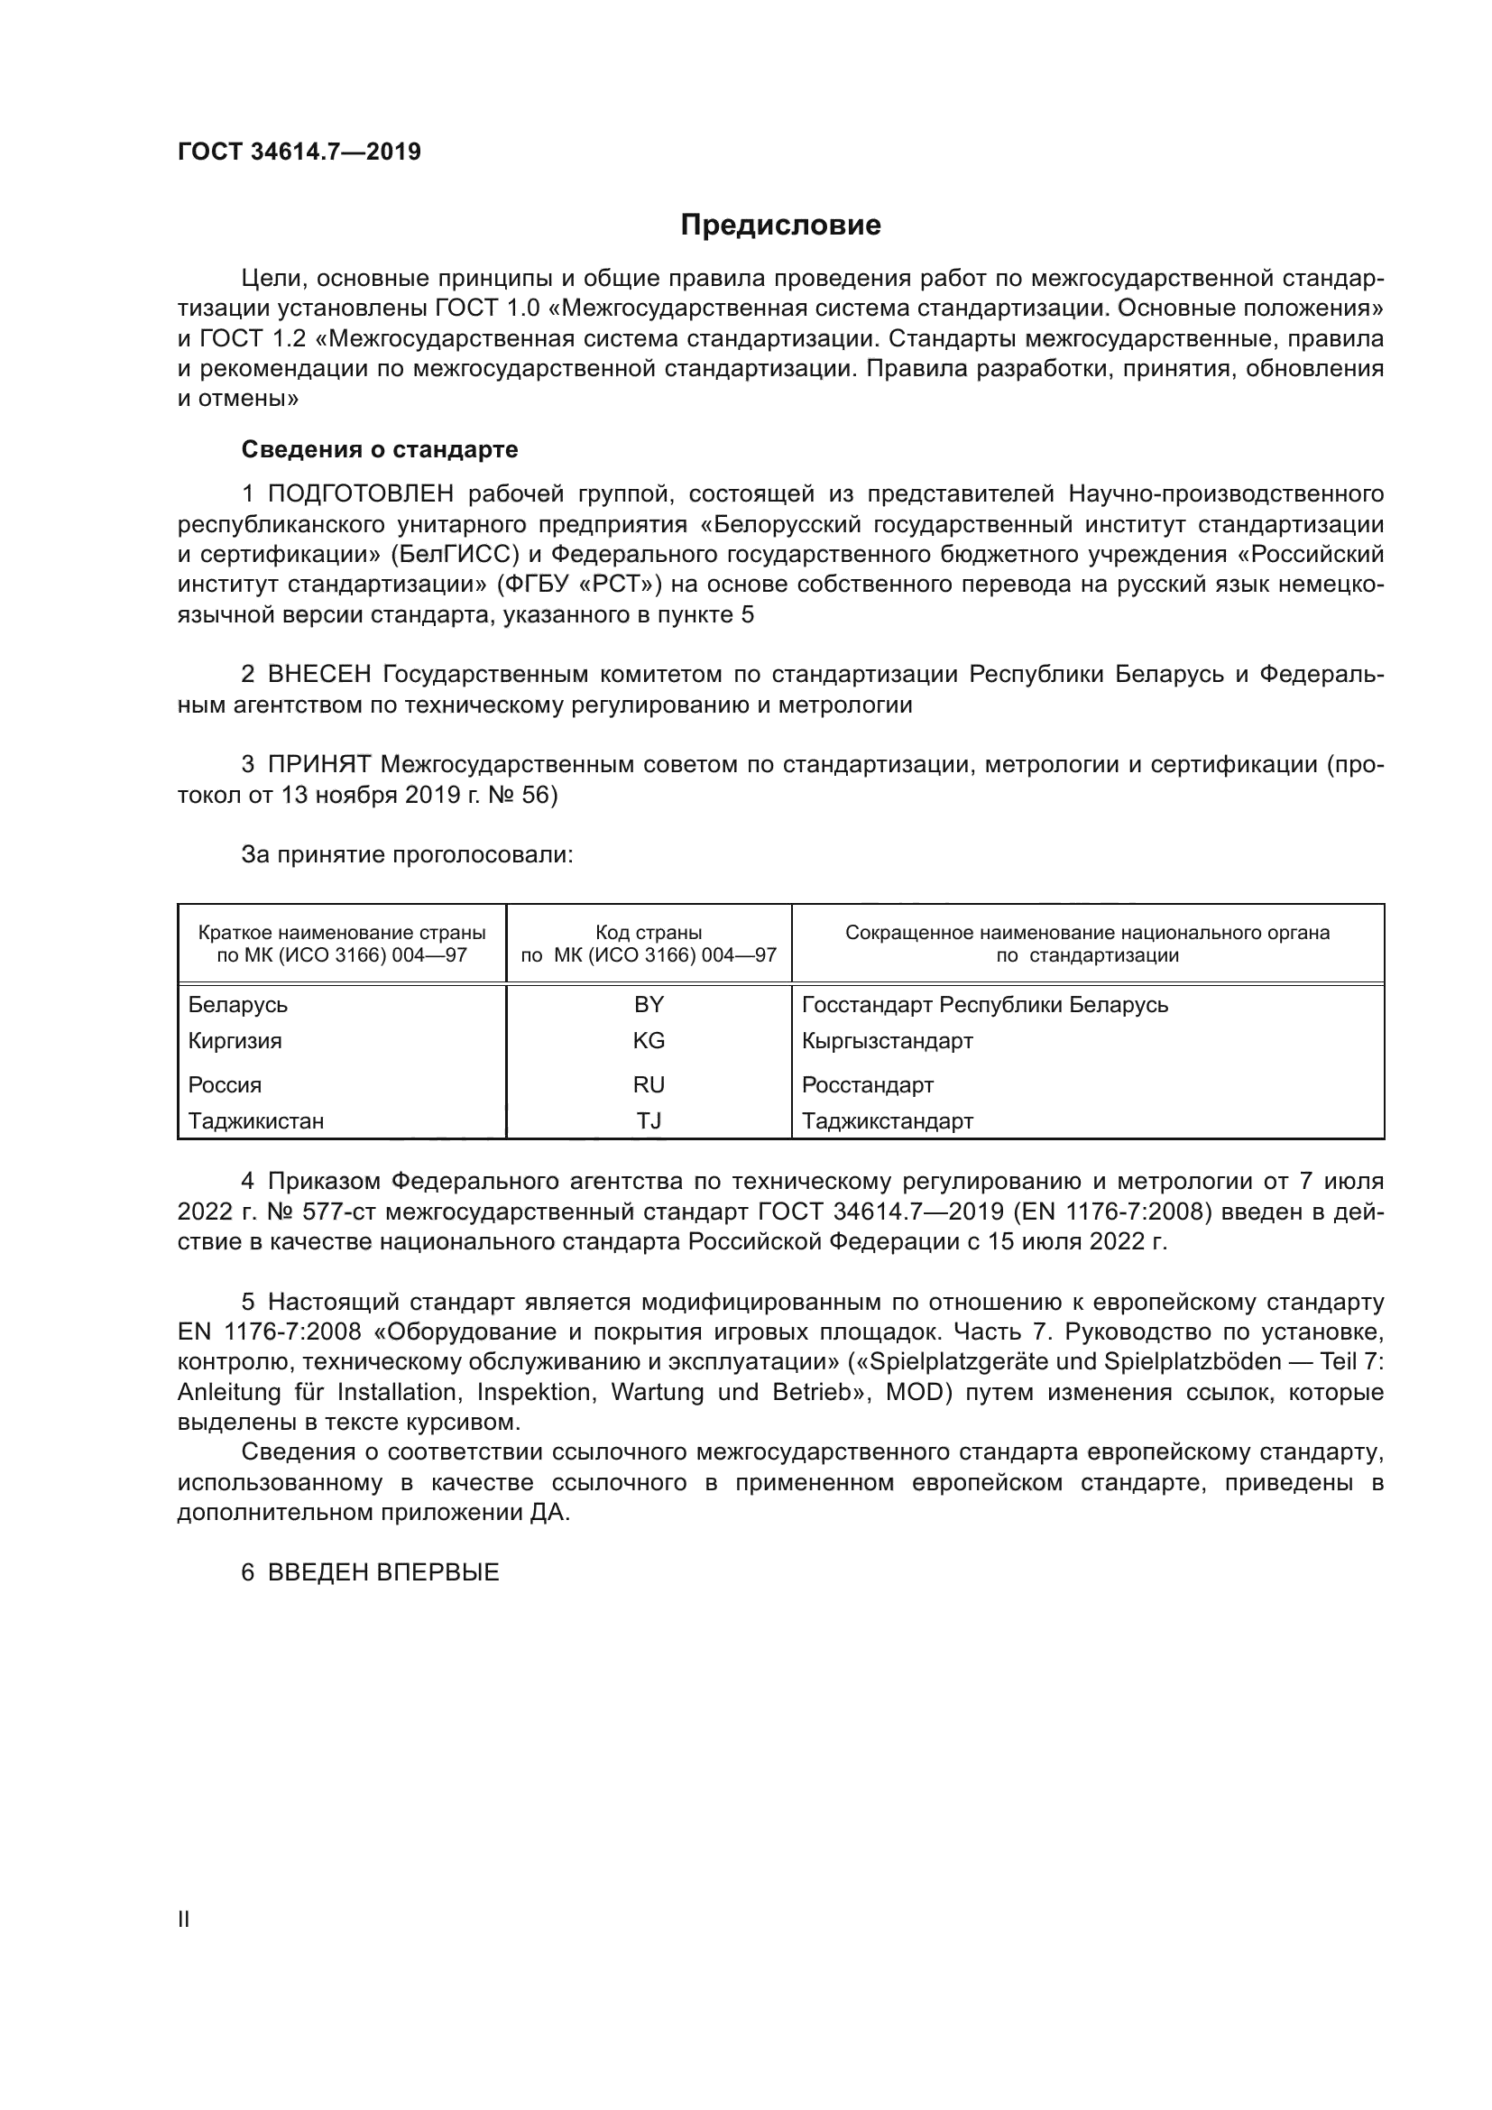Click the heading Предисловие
pos(780,226)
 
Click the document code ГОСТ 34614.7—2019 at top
pos(299,152)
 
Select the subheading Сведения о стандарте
pos(380,449)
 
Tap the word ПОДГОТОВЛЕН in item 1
pos(360,494)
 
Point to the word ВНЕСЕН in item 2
pos(318,675)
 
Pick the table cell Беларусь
pos(238,1004)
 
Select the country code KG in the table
pos(649,1040)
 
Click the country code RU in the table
pos(649,1084)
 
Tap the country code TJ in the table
pos(649,1120)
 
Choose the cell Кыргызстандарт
pos(887,1040)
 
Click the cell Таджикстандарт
pos(887,1120)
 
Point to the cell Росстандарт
pos(867,1084)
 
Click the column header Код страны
pos(649,933)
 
